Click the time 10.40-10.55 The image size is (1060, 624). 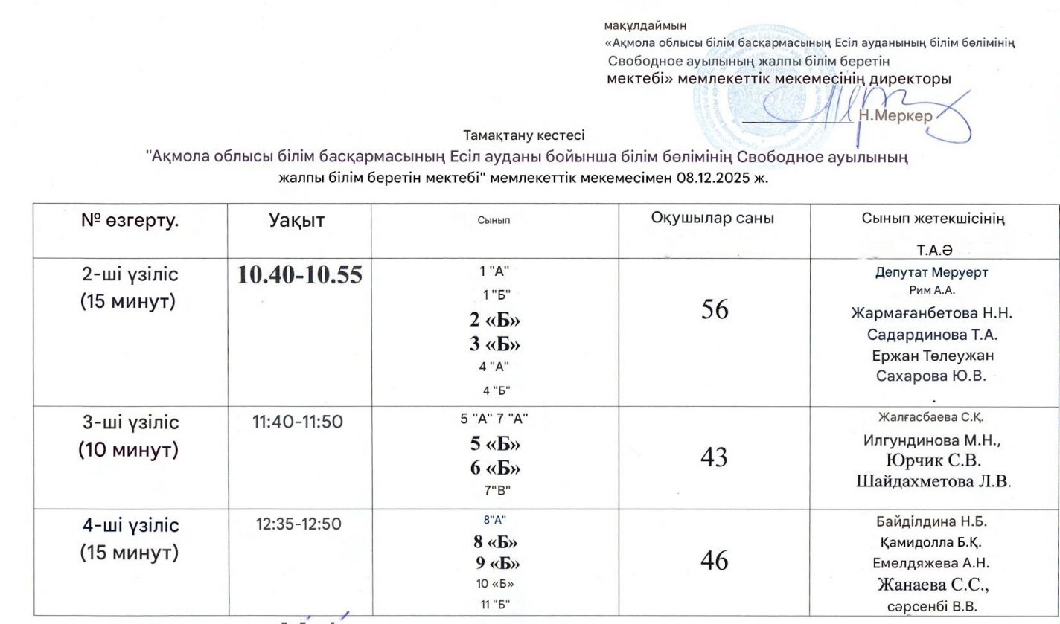299,275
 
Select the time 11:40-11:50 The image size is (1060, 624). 298,422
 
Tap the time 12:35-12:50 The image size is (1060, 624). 298,524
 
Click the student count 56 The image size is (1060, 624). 714,310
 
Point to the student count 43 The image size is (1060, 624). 714,457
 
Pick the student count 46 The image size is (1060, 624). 714,560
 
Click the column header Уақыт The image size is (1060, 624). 296,220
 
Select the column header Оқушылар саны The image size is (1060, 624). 712,219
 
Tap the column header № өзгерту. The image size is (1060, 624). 130,220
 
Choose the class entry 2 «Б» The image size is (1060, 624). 494,320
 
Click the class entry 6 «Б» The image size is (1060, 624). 494,469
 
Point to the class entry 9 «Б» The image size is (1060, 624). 494,563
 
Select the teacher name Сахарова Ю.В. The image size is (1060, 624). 932,376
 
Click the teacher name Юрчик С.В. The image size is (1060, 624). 932,460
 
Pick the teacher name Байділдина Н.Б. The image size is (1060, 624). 932,521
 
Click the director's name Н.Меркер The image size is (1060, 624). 895,116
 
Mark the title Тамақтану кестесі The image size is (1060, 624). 524,136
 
